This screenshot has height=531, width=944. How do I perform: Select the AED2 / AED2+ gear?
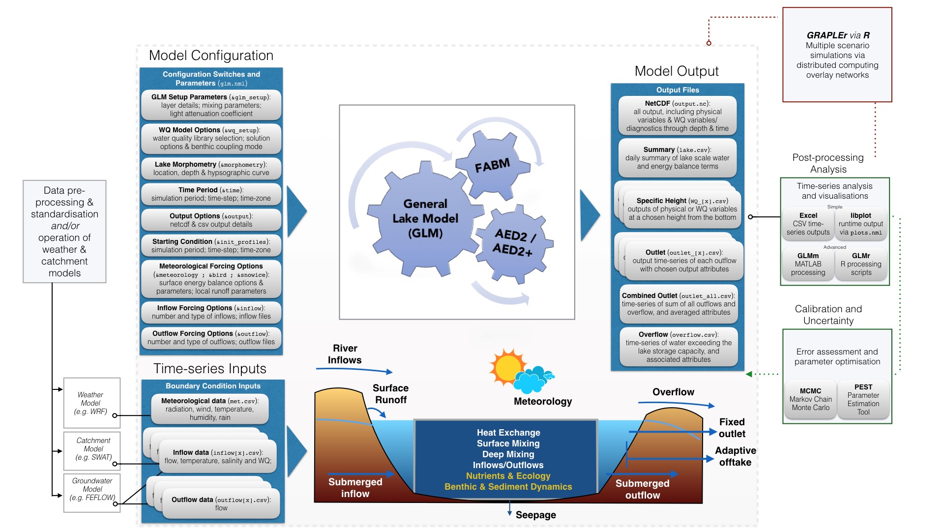[x=514, y=242]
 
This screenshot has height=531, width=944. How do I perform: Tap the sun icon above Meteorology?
[x=507, y=367]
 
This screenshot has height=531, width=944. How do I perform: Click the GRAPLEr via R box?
[x=837, y=55]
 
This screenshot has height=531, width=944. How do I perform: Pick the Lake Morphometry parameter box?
[x=211, y=168]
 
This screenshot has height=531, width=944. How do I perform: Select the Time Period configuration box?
[x=211, y=194]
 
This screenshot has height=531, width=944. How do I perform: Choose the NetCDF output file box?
[x=678, y=116]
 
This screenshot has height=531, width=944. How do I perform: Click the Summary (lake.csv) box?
[x=678, y=158]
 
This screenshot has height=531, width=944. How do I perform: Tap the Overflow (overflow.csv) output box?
[x=678, y=347]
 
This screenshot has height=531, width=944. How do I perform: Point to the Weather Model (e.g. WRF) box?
[x=91, y=403]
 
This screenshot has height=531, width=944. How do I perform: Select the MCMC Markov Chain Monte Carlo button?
[x=810, y=399]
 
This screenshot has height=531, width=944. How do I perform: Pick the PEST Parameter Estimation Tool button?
[x=863, y=399]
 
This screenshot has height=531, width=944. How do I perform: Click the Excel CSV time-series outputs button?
[x=808, y=224]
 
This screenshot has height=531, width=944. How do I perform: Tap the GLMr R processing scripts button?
[x=861, y=264]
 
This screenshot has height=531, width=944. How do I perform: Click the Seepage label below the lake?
[x=535, y=515]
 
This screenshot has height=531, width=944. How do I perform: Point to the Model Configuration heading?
[x=211, y=56]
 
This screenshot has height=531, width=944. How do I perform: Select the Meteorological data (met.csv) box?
[x=210, y=409]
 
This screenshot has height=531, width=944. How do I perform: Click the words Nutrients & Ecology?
[x=508, y=476]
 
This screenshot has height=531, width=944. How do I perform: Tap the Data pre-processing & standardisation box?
[x=64, y=231]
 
